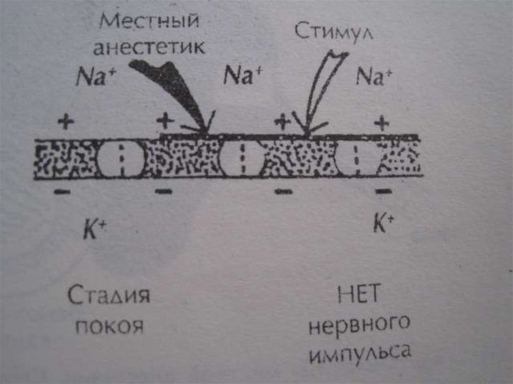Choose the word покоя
[x=109, y=326]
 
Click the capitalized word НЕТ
[x=359, y=297]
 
